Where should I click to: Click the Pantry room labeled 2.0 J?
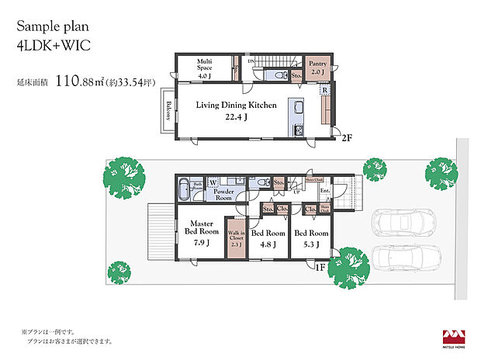318,68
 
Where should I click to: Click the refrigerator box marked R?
324,91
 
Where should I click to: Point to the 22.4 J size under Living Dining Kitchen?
235,118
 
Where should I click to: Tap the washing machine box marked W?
212,184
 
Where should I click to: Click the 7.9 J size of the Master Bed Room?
200,242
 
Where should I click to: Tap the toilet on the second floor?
277,76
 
